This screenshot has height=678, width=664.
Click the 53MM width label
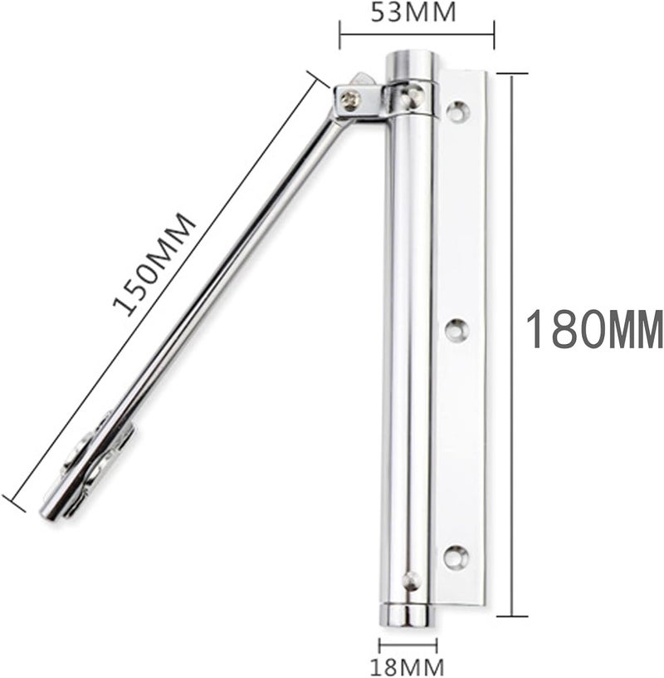pos(416,14)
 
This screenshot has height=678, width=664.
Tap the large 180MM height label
pos(595,330)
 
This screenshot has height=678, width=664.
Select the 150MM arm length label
pos(155,264)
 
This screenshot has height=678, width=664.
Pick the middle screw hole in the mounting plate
pos(456,330)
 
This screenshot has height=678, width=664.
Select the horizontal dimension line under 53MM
pos(417,34)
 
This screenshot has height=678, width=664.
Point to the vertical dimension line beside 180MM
pos(515,345)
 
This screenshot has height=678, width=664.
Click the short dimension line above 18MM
pos(408,644)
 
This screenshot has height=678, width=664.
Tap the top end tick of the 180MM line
pos(515,74)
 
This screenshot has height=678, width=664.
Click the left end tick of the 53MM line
pos(340,34)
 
